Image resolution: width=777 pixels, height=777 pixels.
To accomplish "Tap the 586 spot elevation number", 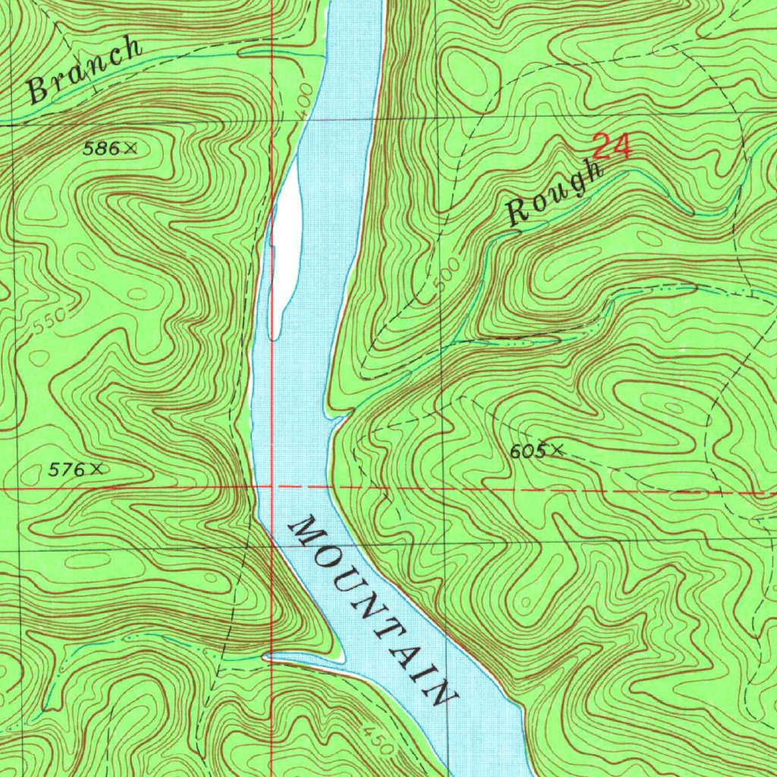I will pos(101,149).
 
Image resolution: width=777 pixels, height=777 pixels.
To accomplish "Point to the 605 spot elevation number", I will pos(527,451).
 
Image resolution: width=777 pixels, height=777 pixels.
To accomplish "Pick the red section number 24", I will pos(611,147).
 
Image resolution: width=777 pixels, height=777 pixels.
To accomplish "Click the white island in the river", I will pos(285,250).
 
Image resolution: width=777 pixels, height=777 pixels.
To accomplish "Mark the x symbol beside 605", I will pos(558,450).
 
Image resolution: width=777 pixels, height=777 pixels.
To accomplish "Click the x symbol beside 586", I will pos(131,149).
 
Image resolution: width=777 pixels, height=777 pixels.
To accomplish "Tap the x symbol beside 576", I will pos(95,470).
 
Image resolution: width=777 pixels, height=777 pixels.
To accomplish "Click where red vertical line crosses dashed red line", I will pos(272,486).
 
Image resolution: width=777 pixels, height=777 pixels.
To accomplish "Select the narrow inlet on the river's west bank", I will pos(304,660).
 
